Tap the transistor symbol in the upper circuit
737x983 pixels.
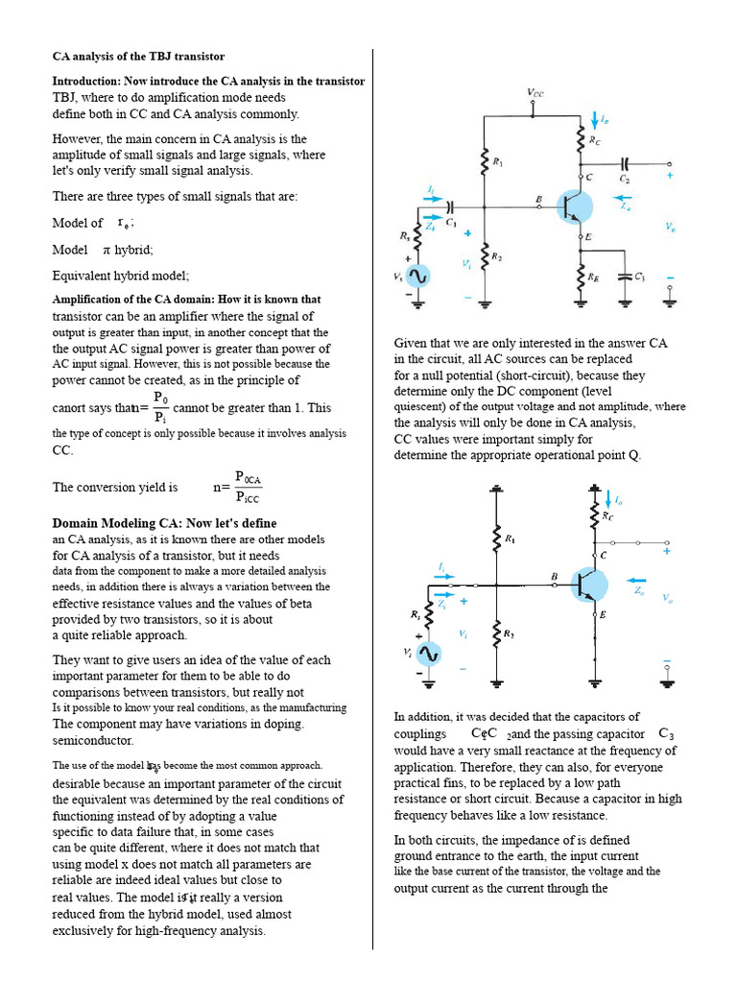pos(575,206)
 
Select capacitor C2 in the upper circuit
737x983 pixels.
pos(625,164)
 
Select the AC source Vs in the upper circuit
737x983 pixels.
pos(417,276)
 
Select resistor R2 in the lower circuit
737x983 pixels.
pos(496,634)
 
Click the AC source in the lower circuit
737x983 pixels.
pos(427,654)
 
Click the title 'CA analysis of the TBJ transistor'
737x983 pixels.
pos(138,57)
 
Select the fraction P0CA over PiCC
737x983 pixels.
pos(248,487)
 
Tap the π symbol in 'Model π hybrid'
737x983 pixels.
pos(107,250)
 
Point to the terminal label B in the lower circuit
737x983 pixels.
pos(554,576)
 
